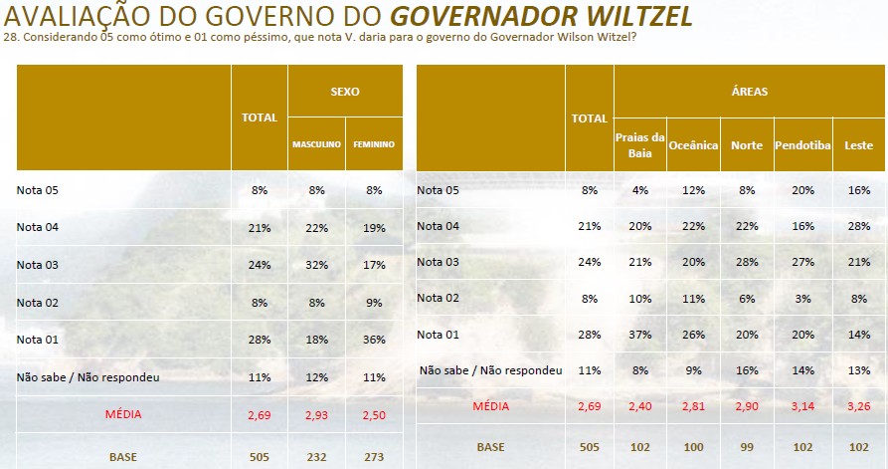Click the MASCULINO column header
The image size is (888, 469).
coord(316,144)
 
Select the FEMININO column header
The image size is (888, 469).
coord(374,144)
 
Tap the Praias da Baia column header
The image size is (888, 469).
coord(639,144)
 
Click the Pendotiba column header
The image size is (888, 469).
coord(802,144)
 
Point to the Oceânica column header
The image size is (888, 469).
coord(693,144)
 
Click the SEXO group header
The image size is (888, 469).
coord(345,92)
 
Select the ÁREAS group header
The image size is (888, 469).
coord(749,92)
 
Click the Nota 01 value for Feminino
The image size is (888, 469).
coord(375,341)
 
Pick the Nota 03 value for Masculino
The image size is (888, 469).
coord(317,265)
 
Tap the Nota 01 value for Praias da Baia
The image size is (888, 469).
coord(639,333)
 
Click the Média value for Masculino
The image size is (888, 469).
coord(317,414)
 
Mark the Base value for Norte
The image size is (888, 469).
coord(747,448)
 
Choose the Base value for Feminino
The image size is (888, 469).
coord(375,457)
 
